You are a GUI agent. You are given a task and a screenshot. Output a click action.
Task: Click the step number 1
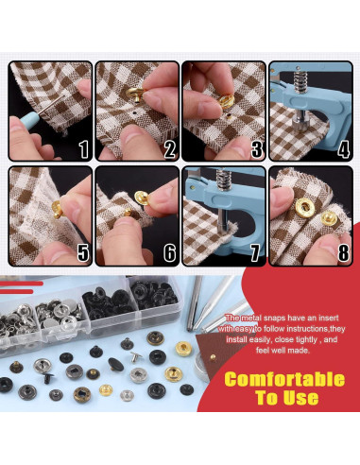pos(83,149)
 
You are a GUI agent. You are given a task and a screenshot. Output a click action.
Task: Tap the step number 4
pos(343,149)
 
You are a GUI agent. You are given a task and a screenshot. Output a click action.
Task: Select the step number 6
pos(170,252)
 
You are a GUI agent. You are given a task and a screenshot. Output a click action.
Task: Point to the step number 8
pos(343,252)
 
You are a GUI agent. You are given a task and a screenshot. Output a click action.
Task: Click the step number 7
pos(256,252)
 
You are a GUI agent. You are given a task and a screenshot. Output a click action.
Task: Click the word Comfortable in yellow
pos(284,379)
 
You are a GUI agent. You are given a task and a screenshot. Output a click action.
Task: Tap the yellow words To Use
pos(286,398)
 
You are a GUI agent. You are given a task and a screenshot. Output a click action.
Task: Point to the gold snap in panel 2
pos(135,95)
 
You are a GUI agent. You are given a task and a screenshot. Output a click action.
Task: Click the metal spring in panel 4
pos(300,82)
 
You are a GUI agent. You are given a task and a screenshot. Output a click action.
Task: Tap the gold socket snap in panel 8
pos(304,208)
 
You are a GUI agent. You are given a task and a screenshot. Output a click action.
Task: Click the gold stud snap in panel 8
pos(329,218)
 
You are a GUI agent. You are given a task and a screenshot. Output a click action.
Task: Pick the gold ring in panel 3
pos(226,100)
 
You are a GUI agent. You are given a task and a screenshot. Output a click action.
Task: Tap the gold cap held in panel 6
pos(142,198)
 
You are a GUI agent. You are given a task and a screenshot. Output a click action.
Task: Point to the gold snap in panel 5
pos(58,209)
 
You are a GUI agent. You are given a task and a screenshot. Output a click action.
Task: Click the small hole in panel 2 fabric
pos(134,112)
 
